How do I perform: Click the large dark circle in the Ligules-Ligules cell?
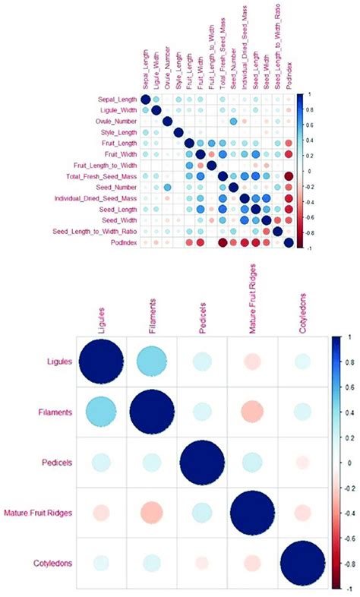click(x=99, y=362)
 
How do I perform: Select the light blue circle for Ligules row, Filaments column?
click(x=150, y=362)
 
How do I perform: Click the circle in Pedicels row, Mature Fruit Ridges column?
click(x=251, y=463)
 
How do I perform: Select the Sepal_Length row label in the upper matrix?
click(x=115, y=99)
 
